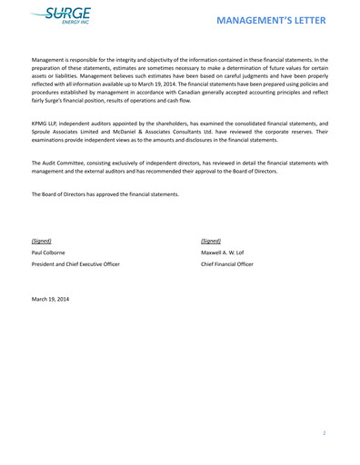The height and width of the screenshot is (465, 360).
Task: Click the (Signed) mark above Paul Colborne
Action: [42, 241]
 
